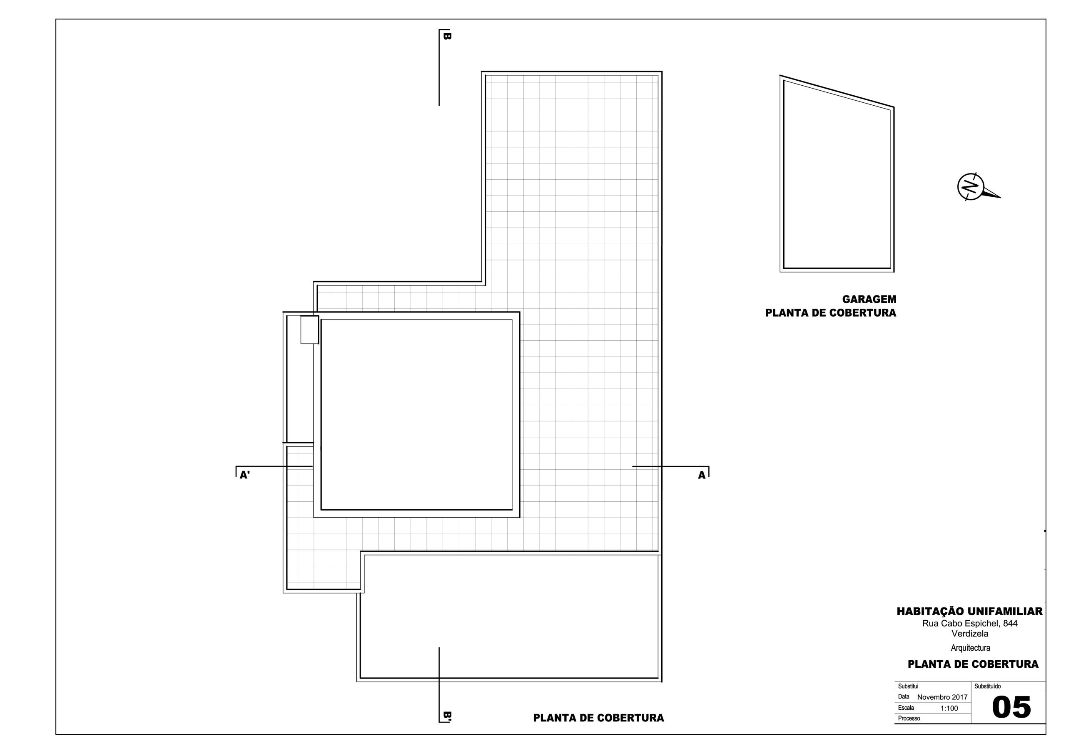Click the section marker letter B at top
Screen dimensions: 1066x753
click(x=447, y=36)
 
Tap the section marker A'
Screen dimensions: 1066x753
click(x=245, y=475)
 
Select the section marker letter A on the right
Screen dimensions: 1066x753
click(x=702, y=475)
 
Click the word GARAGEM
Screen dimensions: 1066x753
click(x=869, y=299)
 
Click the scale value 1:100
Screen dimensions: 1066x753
click(x=949, y=708)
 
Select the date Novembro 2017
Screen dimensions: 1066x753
click(x=942, y=697)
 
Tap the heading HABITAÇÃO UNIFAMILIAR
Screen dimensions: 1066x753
click(x=969, y=612)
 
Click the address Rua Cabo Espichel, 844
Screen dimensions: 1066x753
click(x=969, y=624)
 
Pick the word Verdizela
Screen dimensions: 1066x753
click(x=969, y=634)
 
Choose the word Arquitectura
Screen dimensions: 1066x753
click(x=970, y=648)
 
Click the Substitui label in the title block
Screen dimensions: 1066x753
click(x=908, y=686)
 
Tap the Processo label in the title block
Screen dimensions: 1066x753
click(x=909, y=718)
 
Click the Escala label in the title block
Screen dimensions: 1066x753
click(x=906, y=708)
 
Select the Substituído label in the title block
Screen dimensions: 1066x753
click(x=988, y=686)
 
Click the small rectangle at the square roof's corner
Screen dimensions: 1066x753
click(x=310, y=330)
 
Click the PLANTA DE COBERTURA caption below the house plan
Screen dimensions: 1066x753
click(x=598, y=718)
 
